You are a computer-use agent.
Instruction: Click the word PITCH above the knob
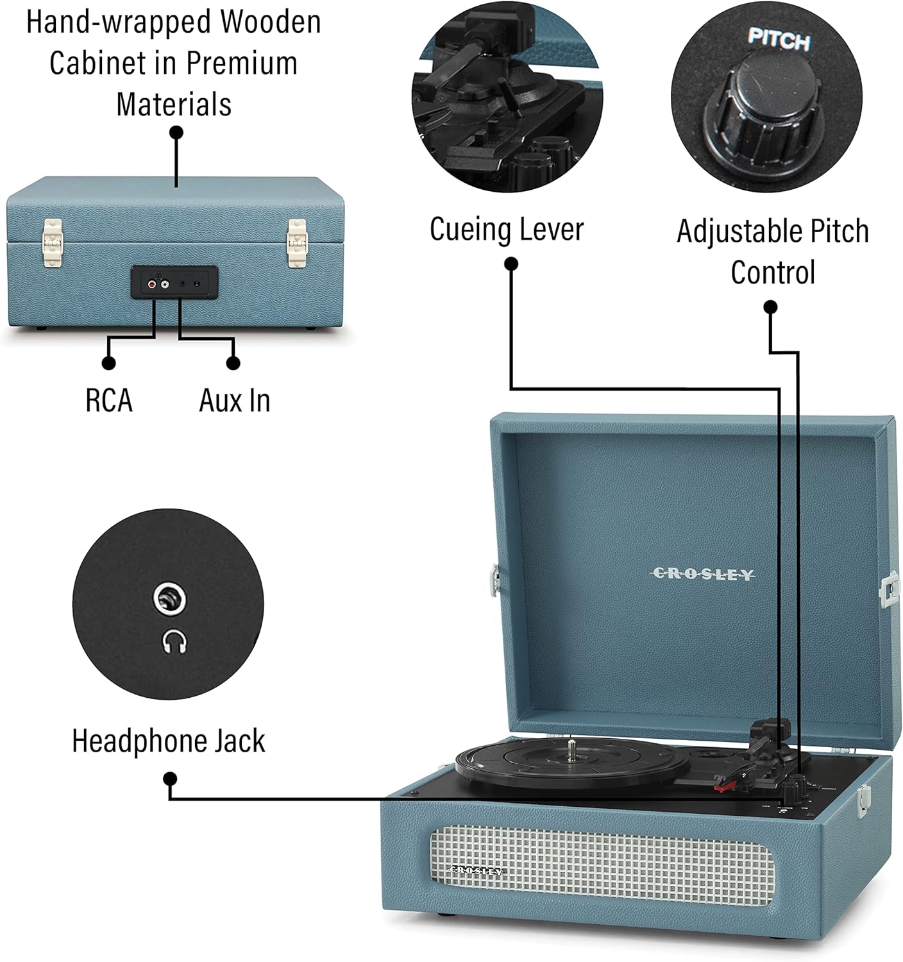(779, 40)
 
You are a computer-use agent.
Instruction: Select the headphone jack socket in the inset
(170, 600)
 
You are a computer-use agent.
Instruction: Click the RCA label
(109, 401)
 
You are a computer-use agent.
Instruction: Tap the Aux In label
(235, 401)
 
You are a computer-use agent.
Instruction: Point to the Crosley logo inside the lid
(703, 574)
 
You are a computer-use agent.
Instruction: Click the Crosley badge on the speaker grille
(475, 870)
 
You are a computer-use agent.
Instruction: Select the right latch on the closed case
(296, 242)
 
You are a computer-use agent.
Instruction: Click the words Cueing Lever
(507, 229)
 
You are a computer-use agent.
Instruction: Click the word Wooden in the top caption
(271, 22)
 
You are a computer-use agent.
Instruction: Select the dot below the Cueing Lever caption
(511, 264)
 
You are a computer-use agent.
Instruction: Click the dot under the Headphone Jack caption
(170, 779)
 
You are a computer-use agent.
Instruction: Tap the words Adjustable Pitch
(773, 231)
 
